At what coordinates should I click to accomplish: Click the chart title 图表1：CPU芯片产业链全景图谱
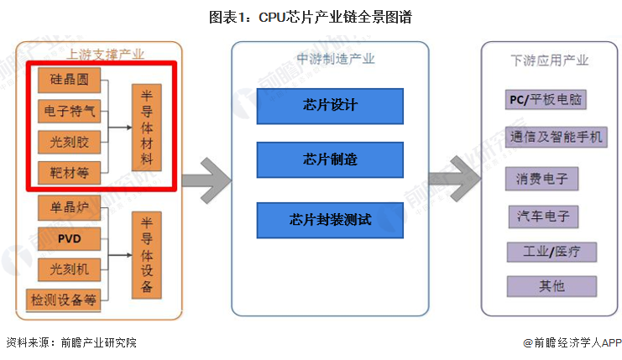[311, 16]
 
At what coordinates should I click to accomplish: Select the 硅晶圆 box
[69, 80]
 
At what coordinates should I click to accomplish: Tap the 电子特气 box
[69, 111]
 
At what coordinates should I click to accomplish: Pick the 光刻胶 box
[69, 142]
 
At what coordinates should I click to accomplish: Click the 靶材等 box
[69, 173]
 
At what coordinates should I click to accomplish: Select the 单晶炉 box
[69, 206]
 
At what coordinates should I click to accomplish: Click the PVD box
[69, 237]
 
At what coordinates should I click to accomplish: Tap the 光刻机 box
[69, 269]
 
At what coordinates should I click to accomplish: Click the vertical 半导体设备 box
[147, 254]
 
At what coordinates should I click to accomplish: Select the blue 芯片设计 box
[330, 106]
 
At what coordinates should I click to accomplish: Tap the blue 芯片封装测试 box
[330, 220]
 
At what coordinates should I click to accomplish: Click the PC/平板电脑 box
[546, 100]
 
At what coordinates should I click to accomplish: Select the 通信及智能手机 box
[556, 136]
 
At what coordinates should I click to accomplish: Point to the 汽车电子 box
[542, 216]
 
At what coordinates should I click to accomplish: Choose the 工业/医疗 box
[551, 251]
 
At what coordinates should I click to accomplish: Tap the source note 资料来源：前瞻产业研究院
[71, 342]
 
